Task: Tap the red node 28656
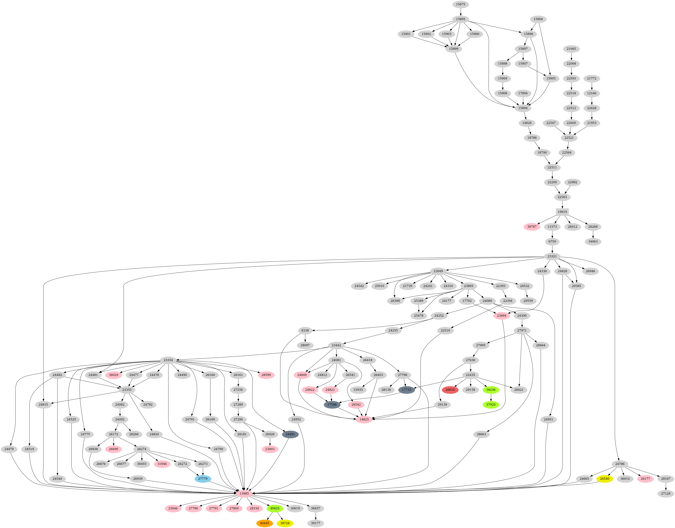pos(450,390)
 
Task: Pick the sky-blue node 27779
pos(203,479)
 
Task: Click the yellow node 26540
pos(604,479)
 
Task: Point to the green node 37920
pos(491,405)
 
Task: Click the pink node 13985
pos(244,494)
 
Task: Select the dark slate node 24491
pos(290,434)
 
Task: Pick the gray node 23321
pos(552,256)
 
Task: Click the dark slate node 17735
pos(406,390)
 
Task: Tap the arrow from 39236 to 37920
pos(491,397)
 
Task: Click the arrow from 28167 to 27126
pos(665,486)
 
